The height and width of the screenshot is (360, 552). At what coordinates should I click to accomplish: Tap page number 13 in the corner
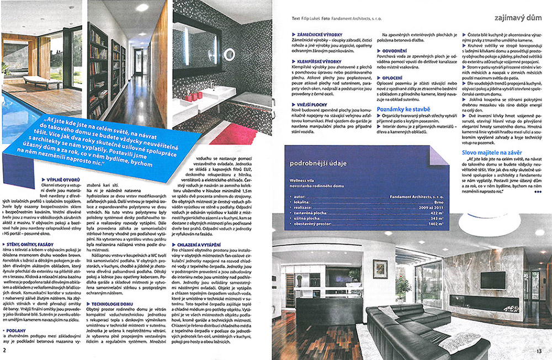(539, 350)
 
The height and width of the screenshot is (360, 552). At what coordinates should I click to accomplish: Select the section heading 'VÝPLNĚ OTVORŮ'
(61, 180)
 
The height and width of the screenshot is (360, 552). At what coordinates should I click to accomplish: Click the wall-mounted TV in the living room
(492, 280)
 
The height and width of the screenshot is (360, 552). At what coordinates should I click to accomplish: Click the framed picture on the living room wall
(380, 268)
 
